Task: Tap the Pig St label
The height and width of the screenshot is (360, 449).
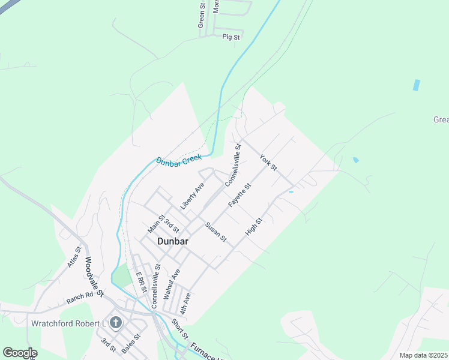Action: pos(231,37)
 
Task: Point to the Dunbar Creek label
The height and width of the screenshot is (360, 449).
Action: pos(178,161)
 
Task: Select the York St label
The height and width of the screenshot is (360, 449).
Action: pos(268,163)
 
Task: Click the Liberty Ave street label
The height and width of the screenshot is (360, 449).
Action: pos(192,196)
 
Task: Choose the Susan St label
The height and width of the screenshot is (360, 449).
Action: pos(215,232)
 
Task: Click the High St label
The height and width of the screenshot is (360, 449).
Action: pos(254,227)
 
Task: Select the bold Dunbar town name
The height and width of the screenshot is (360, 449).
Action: pos(173,241)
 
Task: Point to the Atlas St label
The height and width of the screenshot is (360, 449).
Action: pos(74,257)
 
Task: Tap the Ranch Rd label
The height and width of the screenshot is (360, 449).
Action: pos(80,295)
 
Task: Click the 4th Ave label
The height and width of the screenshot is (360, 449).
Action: pos(186,304)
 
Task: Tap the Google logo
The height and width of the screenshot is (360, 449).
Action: pos(20,353)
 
